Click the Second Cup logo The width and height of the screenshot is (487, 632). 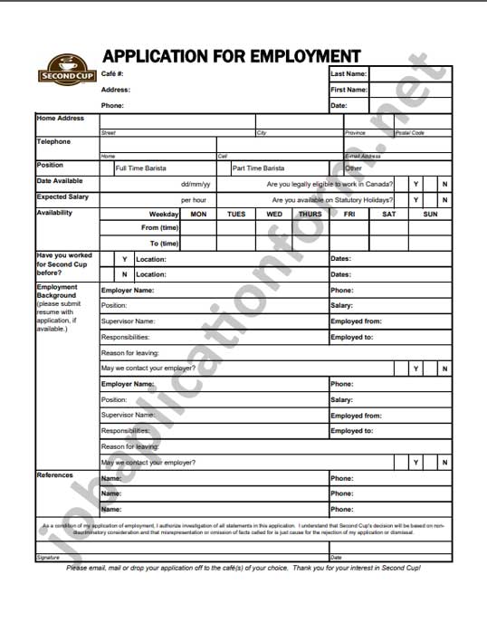[64, 70]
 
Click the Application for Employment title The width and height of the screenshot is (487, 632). [231, 55]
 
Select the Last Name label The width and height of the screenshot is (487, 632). [349, 73]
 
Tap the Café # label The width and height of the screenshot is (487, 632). [112, 73]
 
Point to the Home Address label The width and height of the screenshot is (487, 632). [60, 119]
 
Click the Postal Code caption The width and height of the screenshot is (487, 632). [409, 133]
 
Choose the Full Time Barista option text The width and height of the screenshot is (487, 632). [141, 168]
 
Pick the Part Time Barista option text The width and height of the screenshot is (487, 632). [258, 168]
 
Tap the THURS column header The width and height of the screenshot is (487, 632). [310, 215]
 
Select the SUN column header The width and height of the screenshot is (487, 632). [430, 215]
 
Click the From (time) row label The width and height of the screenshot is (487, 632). [160, 228]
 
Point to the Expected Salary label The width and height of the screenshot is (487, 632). [63, 196]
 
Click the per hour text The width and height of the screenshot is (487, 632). [194, 200]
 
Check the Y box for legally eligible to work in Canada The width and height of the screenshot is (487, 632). [415, 184]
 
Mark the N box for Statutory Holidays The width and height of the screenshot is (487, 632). [444, 200]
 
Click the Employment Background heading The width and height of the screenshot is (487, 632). [56, 292]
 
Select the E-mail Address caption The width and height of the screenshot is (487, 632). [363, 157]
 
